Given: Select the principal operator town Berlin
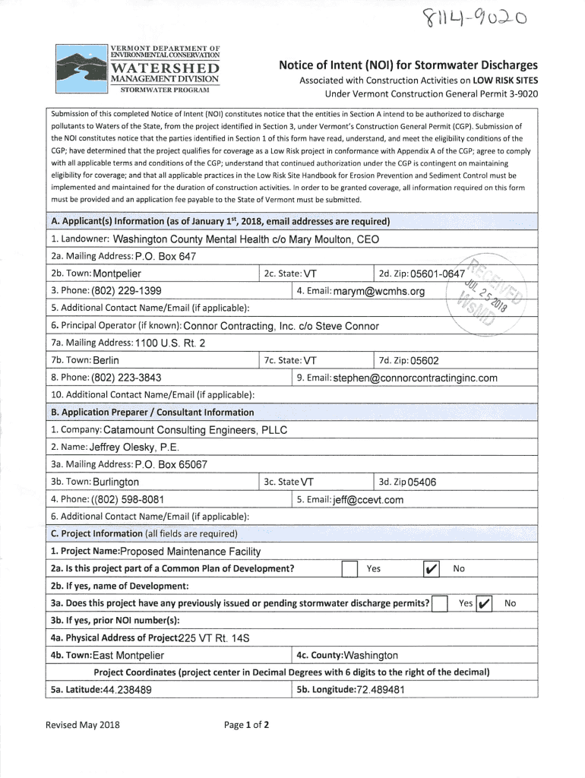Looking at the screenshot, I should [x=106, y=360].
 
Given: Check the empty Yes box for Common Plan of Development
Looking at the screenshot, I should [x=349, y=569].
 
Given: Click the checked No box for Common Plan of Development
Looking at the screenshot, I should [x=429, y=569].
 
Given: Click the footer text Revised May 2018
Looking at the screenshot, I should [x=83, y=724].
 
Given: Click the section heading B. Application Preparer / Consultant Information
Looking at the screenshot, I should [x=152, y=413].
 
